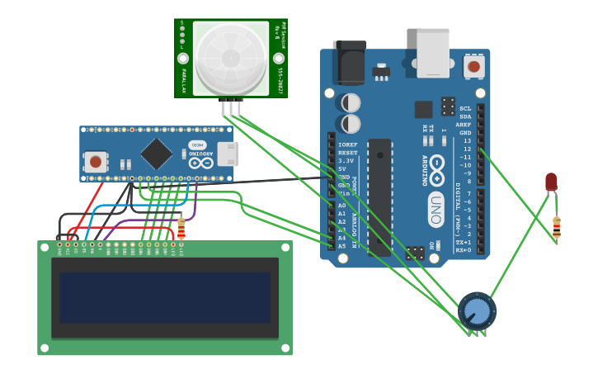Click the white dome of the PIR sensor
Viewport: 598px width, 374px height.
pyautogui.click(x=231, y=58)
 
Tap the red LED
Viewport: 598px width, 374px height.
pyautogui.click(x=551, y=182)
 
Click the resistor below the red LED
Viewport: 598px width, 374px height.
pyautogui.click(x=557, y=226)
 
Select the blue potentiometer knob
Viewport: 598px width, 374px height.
pyautogui.click(x=477, y=311)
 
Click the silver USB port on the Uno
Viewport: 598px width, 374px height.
pyautogui.click(x=433, y=53)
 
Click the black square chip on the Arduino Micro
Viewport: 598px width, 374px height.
pyautogui.click(x=156, y=154)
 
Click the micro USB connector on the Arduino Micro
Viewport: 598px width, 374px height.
pyautogui.click(x=226, y=154)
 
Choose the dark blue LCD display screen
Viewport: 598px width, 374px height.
pyautogui.click(x=165, y=298)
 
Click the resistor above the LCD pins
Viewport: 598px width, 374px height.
pyautogui.click(x=181, y=226)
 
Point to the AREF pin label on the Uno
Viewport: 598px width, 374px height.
pyautogui.click(x=464, y=125)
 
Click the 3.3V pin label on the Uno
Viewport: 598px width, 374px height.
pyautogui.click(x=346, y=161)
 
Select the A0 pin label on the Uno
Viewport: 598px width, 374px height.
pyautogui.click(x=342, y=206)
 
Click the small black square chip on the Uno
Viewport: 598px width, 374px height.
pyautogui.click(x=423, y=109)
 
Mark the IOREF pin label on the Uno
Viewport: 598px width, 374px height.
pyautogui.click(x=347, y=144)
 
